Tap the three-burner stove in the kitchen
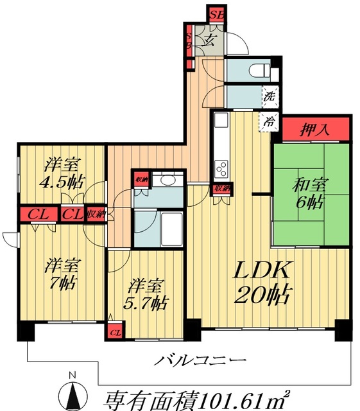coord(222,168)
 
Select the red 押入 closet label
coord(315,130)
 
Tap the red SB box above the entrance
coord(215,12)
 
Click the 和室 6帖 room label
coord(311,193)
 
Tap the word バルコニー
coord(200,360)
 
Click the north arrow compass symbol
coord(73,394)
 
